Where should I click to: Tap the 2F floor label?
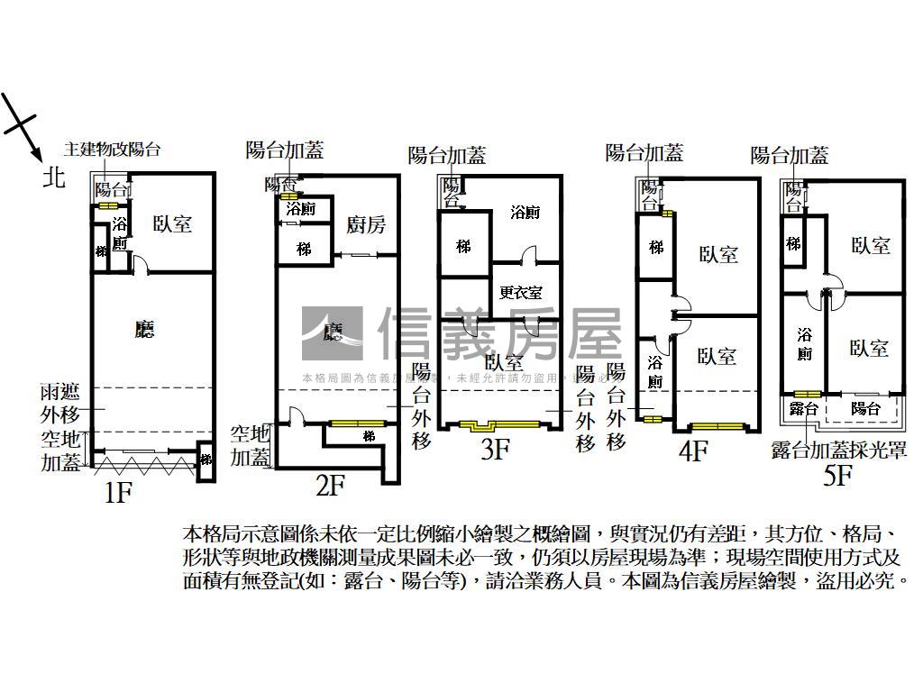331,486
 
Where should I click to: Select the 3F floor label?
496,448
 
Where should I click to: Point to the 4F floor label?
692,450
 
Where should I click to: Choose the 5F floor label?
837,475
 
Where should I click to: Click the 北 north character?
54,178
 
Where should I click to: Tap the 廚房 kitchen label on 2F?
366,225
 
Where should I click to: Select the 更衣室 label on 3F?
521,292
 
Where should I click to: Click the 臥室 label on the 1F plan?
171,223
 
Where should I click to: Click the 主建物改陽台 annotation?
112,150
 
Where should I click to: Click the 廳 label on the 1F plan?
143,330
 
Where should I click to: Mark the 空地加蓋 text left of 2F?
250,445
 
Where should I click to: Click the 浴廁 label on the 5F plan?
805,343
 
